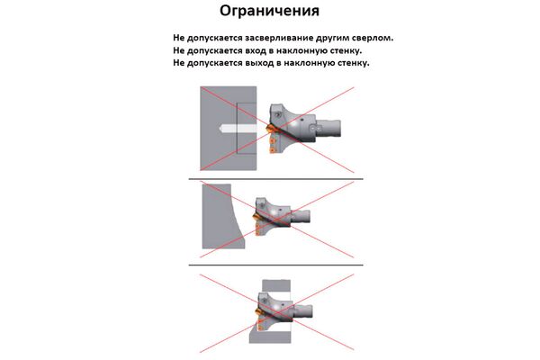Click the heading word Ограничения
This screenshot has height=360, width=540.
point(269,13)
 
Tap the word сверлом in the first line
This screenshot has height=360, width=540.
point(373,39)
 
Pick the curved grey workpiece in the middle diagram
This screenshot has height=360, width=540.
point(220,216)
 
